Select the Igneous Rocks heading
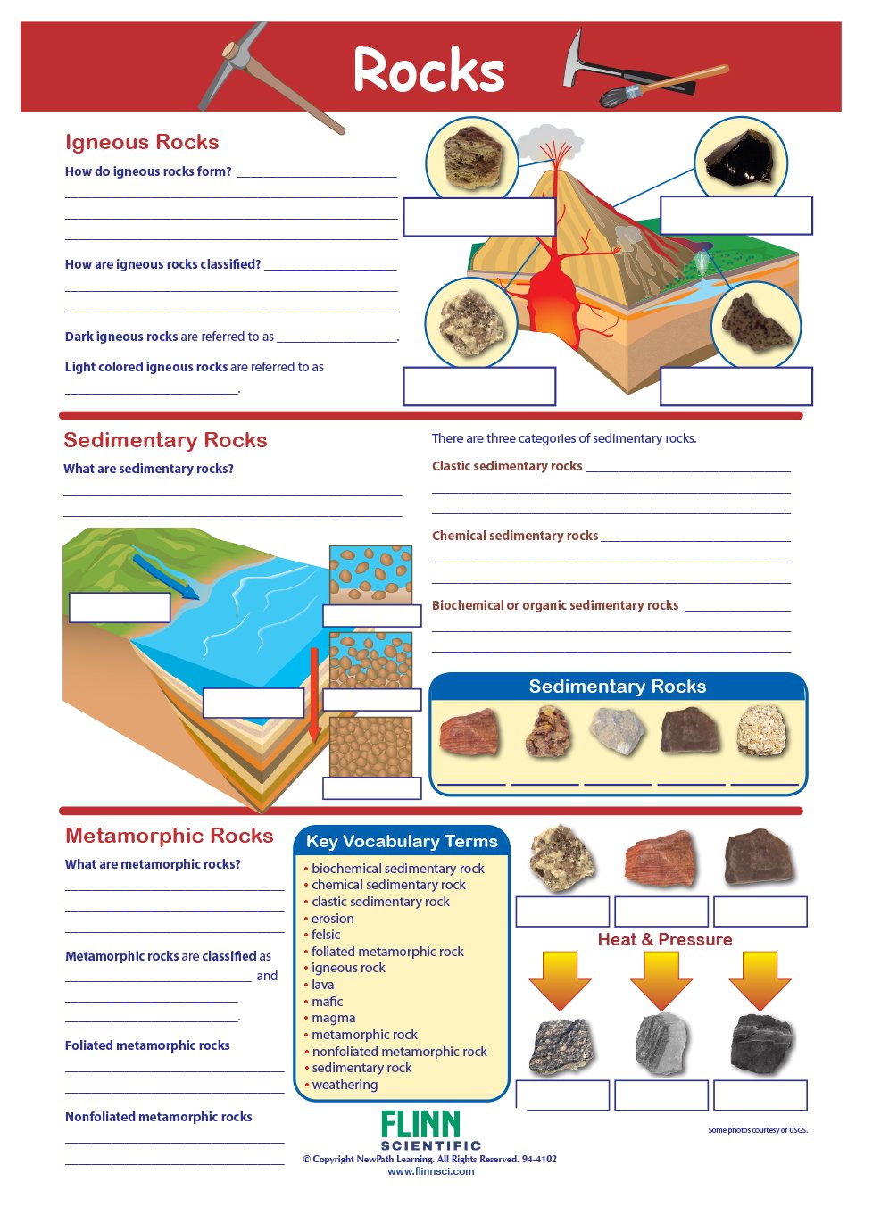(142, 142)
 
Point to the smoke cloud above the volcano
(549, 143)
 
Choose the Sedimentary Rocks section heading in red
(165, 440)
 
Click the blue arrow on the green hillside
(165, 576)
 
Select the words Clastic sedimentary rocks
(507, 466)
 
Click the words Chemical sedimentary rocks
(515, 536)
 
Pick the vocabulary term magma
(334, 1018)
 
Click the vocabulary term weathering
(345, 1085)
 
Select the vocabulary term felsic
(326, 935)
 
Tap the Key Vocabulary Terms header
(402, 841)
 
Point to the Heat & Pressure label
(665, 939)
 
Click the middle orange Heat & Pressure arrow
(661, 979)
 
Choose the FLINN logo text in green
(420, 1125)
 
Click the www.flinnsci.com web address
(431, 1171)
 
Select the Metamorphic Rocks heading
(169, 836)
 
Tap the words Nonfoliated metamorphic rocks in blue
(159, 1117)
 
